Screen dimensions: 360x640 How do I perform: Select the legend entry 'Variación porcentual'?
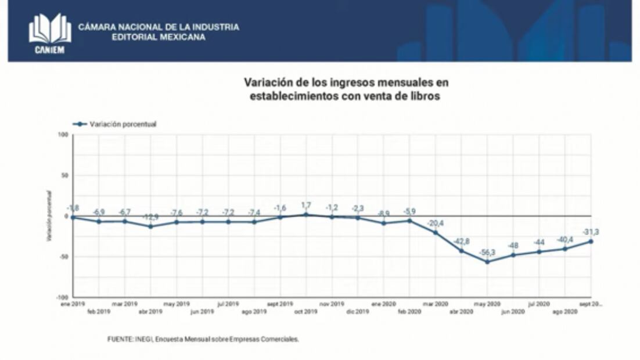tap(123, 124)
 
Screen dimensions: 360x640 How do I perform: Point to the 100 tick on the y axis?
tap(63, 135)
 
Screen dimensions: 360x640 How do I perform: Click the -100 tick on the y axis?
tap(62, 297)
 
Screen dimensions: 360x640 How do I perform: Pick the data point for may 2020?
tap(487, 262)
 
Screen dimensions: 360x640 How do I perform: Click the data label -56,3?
tap(487, 253)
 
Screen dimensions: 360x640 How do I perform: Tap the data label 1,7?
tap(306, 205)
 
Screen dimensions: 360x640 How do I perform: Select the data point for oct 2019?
tap(306, 214)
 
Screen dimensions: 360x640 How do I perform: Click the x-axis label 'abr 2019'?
tap(150, 312)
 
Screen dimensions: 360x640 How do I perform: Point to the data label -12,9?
tap(150, 217)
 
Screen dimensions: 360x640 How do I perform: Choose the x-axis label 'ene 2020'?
tap(383, 304)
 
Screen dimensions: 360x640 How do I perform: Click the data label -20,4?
tap(435, 223)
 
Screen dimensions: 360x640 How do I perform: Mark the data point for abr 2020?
tap(461, 251)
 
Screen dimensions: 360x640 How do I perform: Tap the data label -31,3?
tap(591, 232)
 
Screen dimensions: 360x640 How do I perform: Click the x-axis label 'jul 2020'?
tap(538, 304)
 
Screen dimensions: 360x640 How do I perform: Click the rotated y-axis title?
tap(50, 215)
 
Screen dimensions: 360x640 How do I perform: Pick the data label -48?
tap(513, 245)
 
